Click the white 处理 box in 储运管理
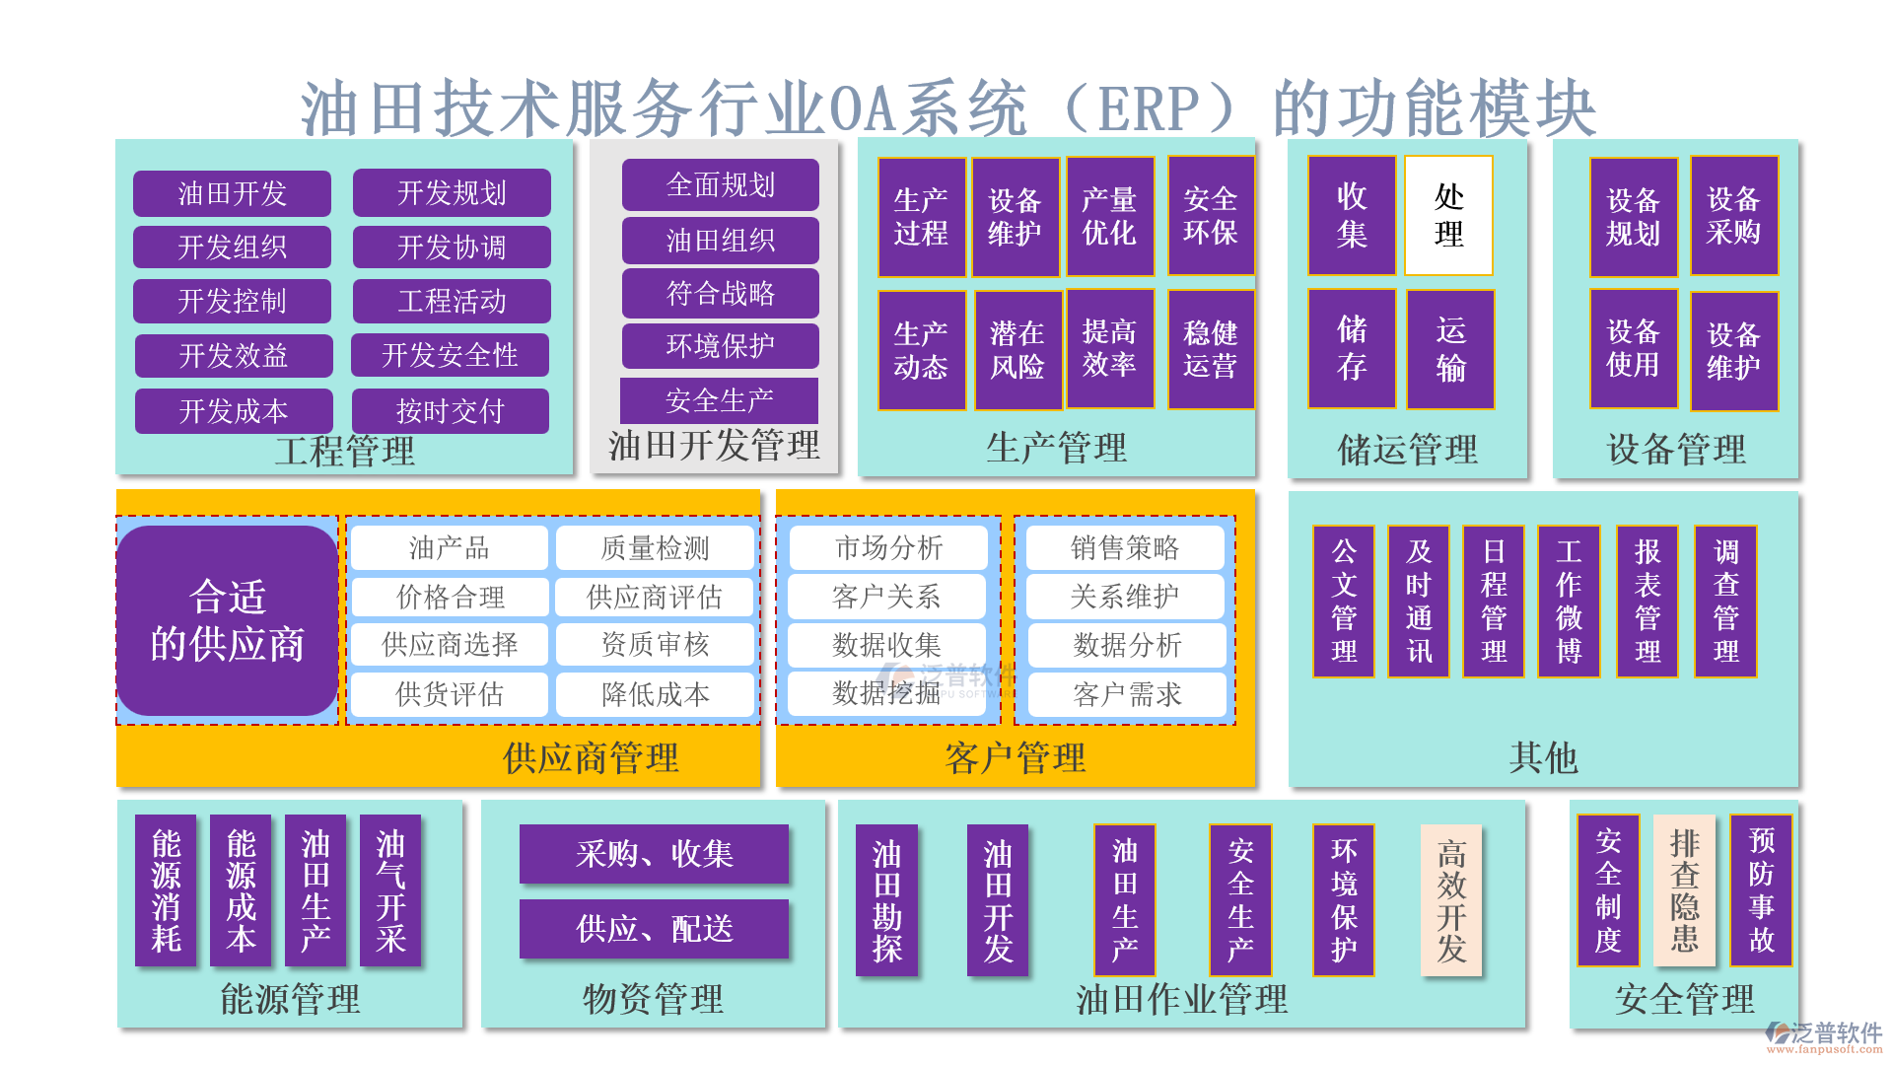[1448, 216]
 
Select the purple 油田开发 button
[232, 193]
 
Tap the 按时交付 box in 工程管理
[451, 411]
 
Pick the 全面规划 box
[720, 185]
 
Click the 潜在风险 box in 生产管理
[1017, 350]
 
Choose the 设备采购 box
[1733, 216]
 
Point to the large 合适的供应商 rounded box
[227, 620]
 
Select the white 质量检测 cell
[655, 548]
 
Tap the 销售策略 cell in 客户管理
[1125, 548]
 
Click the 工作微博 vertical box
[1569, 602]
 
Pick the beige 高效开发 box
[1451, 900]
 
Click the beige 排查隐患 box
[1684, 890]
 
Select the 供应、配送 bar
[654, 929]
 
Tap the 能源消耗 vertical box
[166, 890]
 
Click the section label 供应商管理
[591, 758]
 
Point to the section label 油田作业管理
[1181, 1000]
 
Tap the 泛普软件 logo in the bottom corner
[1824, 1035]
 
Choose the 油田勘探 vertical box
[886, 900]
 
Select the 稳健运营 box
[1211, 350]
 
